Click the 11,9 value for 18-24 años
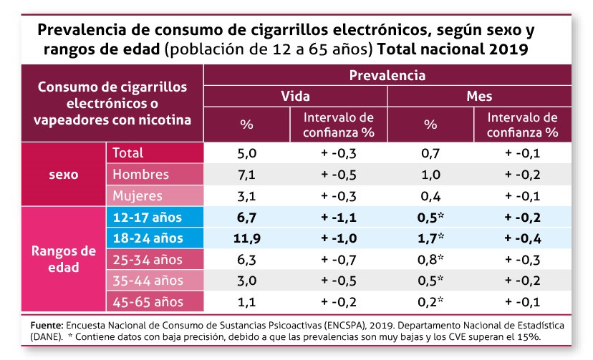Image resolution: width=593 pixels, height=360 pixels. (246, 238)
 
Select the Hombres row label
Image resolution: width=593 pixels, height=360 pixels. (141, 174)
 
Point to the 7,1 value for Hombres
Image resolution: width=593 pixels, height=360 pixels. (246, 174)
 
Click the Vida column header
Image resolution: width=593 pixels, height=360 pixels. (295, 96)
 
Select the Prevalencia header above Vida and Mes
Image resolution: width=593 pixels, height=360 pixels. (387, 75)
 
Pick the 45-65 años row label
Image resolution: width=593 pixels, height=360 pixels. (143, 302)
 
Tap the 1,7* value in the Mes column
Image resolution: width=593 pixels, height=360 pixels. (431, 238)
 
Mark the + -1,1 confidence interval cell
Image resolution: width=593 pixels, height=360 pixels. (339, 217)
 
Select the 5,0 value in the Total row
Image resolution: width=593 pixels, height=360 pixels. (246, 152)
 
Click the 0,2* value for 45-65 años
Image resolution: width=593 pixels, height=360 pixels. (431, 302)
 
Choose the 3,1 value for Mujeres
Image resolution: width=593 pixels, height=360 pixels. (246, 195)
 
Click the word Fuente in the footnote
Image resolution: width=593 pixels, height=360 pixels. (46, 324)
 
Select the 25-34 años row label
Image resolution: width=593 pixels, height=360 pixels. (143, 259)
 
